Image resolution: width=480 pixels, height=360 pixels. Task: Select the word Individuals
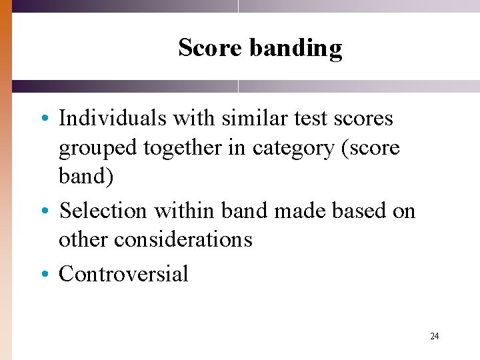point(113,119)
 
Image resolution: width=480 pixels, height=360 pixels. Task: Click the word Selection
point(103,211)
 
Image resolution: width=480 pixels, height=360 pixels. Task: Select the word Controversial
point(123,273)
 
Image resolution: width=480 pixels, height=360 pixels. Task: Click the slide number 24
point(435,336)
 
